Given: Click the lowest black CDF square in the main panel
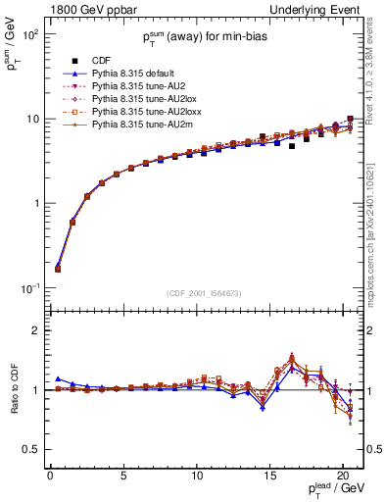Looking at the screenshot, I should coord(58,268).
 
